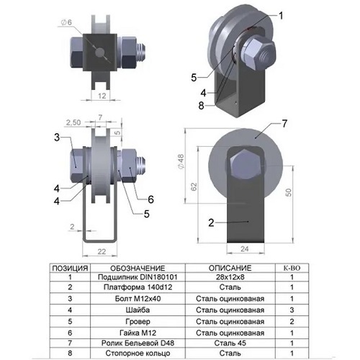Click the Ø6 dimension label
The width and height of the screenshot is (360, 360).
tap(66, 22)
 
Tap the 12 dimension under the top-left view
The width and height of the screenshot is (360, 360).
tap(102, 96)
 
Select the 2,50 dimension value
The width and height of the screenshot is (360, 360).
tap(73, 122)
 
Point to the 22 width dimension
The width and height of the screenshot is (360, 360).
tap(102, 251)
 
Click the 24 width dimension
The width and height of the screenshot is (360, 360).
tap(245, 249)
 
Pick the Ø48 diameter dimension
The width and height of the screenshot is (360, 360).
tap(181, 161)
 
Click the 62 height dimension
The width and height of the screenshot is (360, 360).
tap(194, 186)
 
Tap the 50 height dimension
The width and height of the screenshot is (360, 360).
tap(289, 192)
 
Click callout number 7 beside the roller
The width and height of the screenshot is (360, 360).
tap(284, 124)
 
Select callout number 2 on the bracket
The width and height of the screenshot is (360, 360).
tap(211, 222)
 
